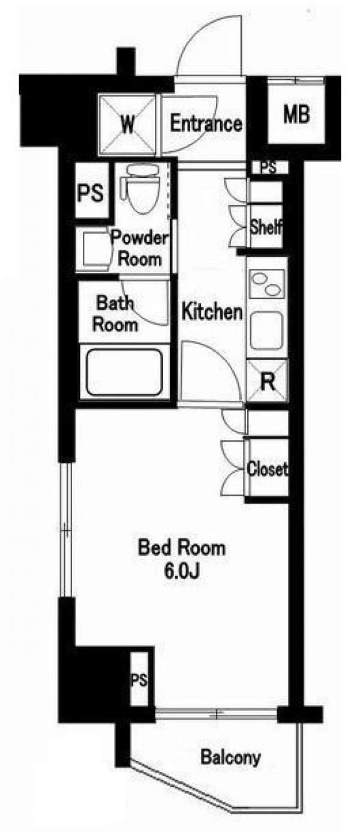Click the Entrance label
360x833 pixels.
point(206,124)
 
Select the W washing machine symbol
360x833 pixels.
point(127,125)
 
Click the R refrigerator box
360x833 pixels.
point(268,381)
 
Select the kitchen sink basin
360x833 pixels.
point(266,330)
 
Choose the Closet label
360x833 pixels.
point(268,469)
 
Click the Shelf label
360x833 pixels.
point(266,227)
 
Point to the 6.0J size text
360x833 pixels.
point(181,572)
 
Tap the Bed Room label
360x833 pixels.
point(181,548)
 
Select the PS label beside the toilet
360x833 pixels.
point(91,193)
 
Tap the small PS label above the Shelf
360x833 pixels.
point(268,168)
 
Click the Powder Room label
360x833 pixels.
point(140,248)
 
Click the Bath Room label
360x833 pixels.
point(115,314)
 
